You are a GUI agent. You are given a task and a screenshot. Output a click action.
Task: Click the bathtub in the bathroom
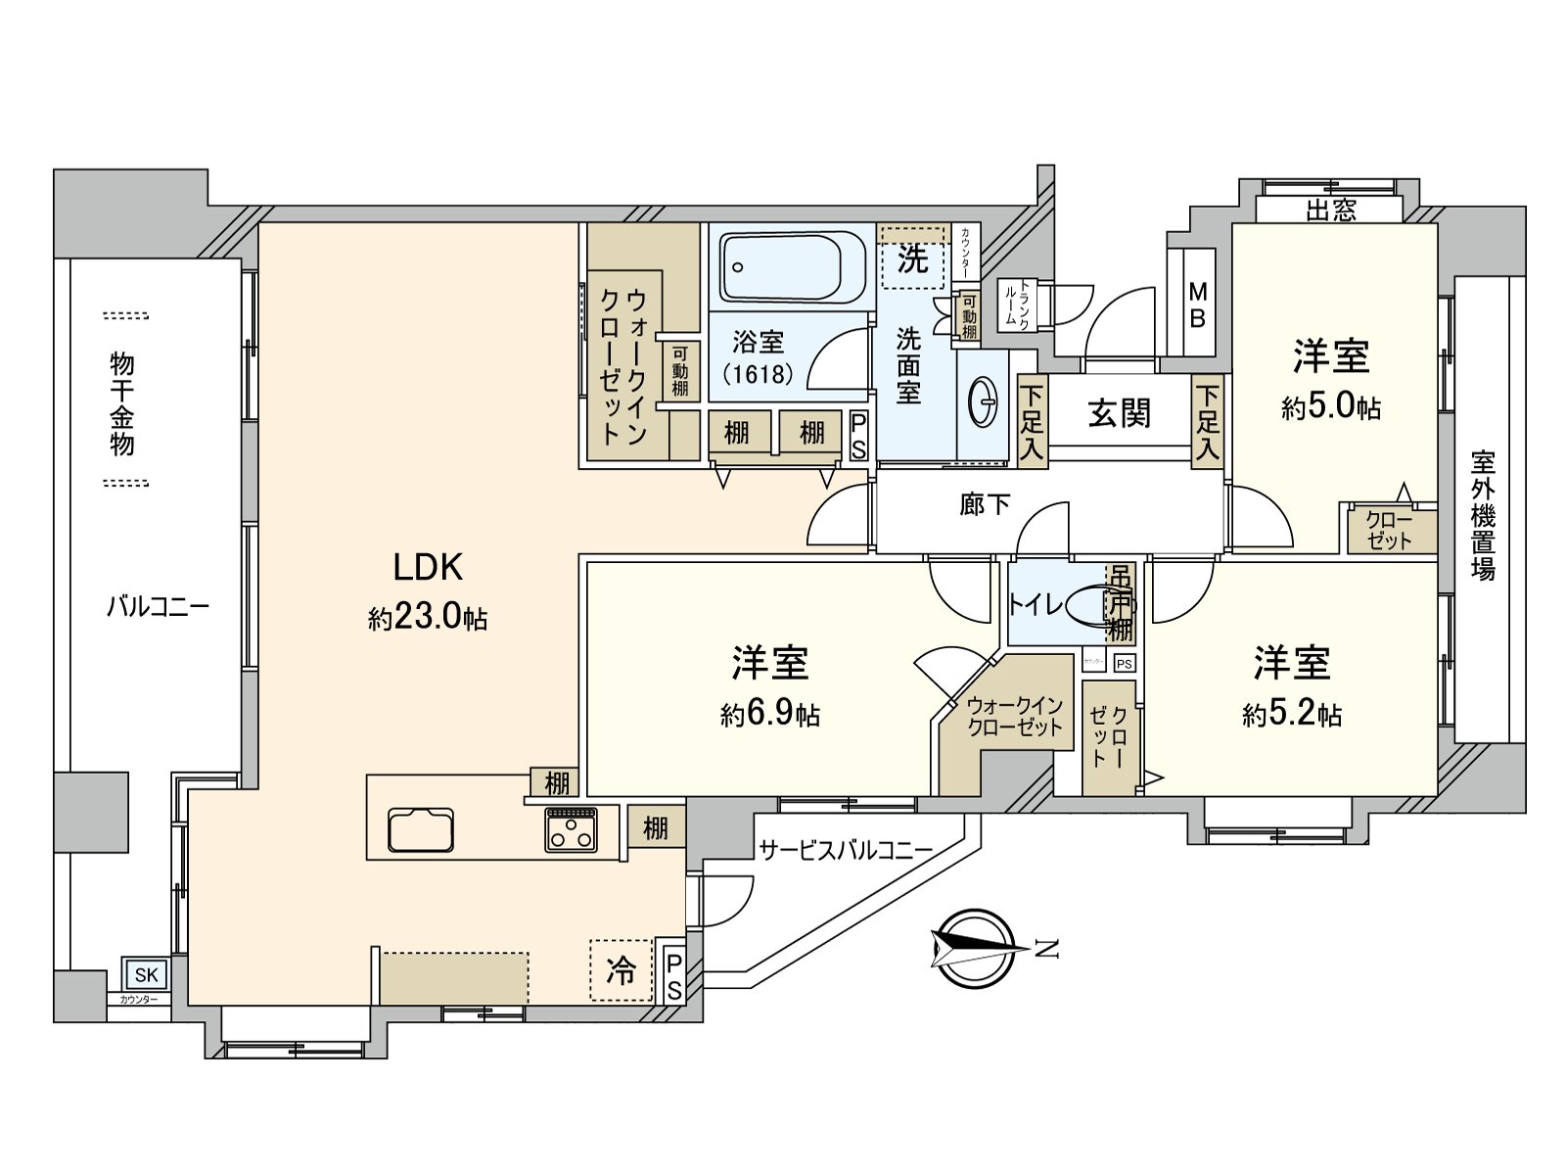[x=793, y=266]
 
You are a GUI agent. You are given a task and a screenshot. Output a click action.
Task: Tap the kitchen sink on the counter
[x=421, y=830]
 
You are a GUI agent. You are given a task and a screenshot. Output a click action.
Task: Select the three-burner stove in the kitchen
[x=572, y=829]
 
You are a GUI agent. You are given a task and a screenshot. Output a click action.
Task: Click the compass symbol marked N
[x=974, y=948]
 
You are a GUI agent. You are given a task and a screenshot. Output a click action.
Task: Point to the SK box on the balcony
[x=146, y=974]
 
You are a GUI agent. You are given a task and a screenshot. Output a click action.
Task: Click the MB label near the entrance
[x=1198, y=305]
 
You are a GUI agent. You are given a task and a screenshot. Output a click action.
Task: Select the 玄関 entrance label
[x=1119, y=413]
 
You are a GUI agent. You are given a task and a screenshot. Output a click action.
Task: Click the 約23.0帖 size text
[x=428, y=617]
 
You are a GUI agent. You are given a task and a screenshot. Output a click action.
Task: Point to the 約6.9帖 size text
[x=770, y=714]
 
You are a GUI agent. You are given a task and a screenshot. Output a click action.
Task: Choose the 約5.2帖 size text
[x=1292, y=714]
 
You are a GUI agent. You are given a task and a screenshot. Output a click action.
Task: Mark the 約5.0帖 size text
[x=1331, y=406]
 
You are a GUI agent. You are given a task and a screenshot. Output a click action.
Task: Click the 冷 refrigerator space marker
[x=622, y=969]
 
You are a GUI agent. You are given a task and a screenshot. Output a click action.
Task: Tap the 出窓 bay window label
[x=1330, y=211]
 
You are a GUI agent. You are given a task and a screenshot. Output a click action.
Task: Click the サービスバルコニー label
[x=846, y=850]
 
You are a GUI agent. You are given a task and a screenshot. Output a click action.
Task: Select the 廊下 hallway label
[x=985, y=504]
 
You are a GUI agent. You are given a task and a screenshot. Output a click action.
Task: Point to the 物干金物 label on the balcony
[x=122, y=403]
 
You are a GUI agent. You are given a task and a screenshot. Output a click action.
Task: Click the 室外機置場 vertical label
[x=1483, y=516]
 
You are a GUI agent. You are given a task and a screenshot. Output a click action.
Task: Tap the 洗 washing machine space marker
[x=912, y=259]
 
